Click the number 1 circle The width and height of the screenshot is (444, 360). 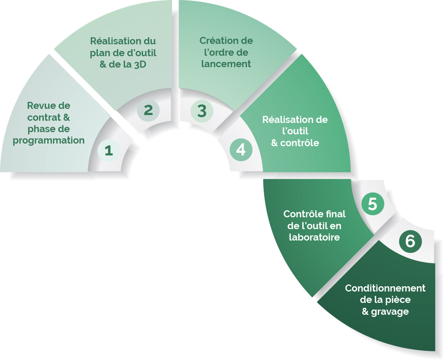[109, 151]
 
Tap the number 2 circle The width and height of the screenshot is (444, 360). [148, 110]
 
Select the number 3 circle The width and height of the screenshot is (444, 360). [202, 111]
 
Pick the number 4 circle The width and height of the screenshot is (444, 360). [241, 150]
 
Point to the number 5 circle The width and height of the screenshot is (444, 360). [372, 204]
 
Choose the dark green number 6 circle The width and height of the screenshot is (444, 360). [410, 241]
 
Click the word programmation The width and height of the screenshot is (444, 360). [49, 141]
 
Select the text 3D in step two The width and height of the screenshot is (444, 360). [140, 65]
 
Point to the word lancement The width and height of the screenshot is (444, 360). [226, 64]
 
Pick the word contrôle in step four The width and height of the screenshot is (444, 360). [300, 143]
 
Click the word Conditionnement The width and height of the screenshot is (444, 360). [385, 288]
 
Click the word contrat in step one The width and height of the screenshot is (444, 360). [44, 118]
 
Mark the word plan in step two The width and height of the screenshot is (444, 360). [99, 53]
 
